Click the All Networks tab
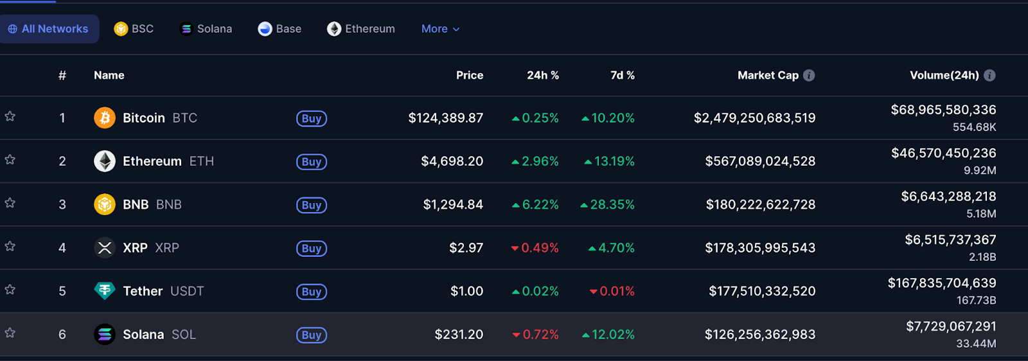click(49, 29)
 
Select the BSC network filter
click(134, 29)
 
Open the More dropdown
click(440, 29)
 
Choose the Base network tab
click(279, 29)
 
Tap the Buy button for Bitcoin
click(312, 118)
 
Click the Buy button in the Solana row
click(312, 335)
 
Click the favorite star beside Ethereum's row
click(10, 159)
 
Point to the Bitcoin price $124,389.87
click(445, 118)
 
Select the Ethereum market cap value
click(760, 161)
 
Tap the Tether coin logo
click(105, 291)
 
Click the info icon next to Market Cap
click(809, 75)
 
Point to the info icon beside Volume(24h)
click(989, 75)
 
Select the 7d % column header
click(622, 75)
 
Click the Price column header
click(470, 75)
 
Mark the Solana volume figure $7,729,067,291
click(951, 326)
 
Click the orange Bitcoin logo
click(105, 118)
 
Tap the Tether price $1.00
click(466, 291)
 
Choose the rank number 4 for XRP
click(62, 248)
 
